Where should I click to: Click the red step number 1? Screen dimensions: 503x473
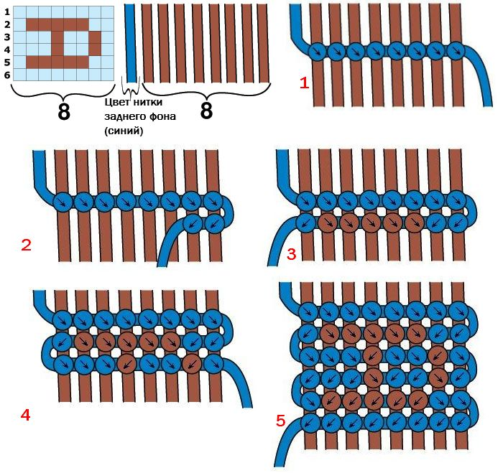tap(304, 83)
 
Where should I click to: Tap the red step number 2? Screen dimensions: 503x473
tap(26, 245)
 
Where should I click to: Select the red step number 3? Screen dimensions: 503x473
tap(291, 255)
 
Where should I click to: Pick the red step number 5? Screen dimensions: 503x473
tap(281, 421)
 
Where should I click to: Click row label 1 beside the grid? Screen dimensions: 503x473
tap(7, 12)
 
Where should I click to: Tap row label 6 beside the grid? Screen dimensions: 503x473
tap(7, 75)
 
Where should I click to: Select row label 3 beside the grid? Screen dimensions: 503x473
tap(7, 37)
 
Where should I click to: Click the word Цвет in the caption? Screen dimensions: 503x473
tap(117, 102)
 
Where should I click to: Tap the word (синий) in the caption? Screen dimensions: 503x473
tap(124, 131)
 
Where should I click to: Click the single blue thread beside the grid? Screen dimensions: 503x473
tap(131, 43)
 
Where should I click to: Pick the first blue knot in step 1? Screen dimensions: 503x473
tap(318, 51)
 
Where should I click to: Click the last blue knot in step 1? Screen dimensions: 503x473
tap(456, 51)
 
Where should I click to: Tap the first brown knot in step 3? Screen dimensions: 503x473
tap(328, 223)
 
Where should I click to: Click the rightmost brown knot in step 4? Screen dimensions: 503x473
tap(192, 364)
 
